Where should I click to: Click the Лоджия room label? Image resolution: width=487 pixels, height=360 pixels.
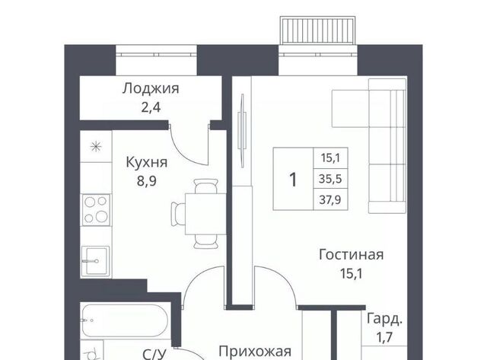(151, 89)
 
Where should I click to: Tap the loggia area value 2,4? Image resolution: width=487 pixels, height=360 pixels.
(151, 108)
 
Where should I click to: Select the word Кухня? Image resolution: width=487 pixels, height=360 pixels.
(147, 162)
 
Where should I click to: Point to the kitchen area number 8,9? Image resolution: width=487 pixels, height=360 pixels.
(147, 181)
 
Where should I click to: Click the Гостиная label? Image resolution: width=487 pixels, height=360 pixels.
(352, 255)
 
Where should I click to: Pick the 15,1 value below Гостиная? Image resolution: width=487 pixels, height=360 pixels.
(352, 274)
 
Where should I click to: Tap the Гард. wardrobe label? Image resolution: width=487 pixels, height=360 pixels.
(384, 320)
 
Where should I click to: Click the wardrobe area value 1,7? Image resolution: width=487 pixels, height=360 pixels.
(384, 336)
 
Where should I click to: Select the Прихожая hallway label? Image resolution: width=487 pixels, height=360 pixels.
(255, 352)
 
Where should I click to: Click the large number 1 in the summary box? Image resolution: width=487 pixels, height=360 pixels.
(293, 180)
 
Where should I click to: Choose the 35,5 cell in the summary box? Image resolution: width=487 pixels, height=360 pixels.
(330, 179)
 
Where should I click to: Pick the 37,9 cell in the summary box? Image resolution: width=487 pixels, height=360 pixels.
(330, 199)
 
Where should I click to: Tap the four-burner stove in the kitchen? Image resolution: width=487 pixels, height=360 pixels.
(96, 210)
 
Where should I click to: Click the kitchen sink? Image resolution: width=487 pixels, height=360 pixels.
(96, 261)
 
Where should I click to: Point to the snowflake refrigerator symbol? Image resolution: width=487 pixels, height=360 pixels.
(96, 147)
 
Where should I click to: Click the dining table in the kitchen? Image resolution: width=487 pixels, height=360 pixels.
(205, 214)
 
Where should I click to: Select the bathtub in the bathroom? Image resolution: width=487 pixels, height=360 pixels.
(125, 320)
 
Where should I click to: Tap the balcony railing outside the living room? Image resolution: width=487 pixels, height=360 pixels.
(318, 30)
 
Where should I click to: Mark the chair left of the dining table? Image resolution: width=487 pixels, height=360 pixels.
(178, 214)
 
